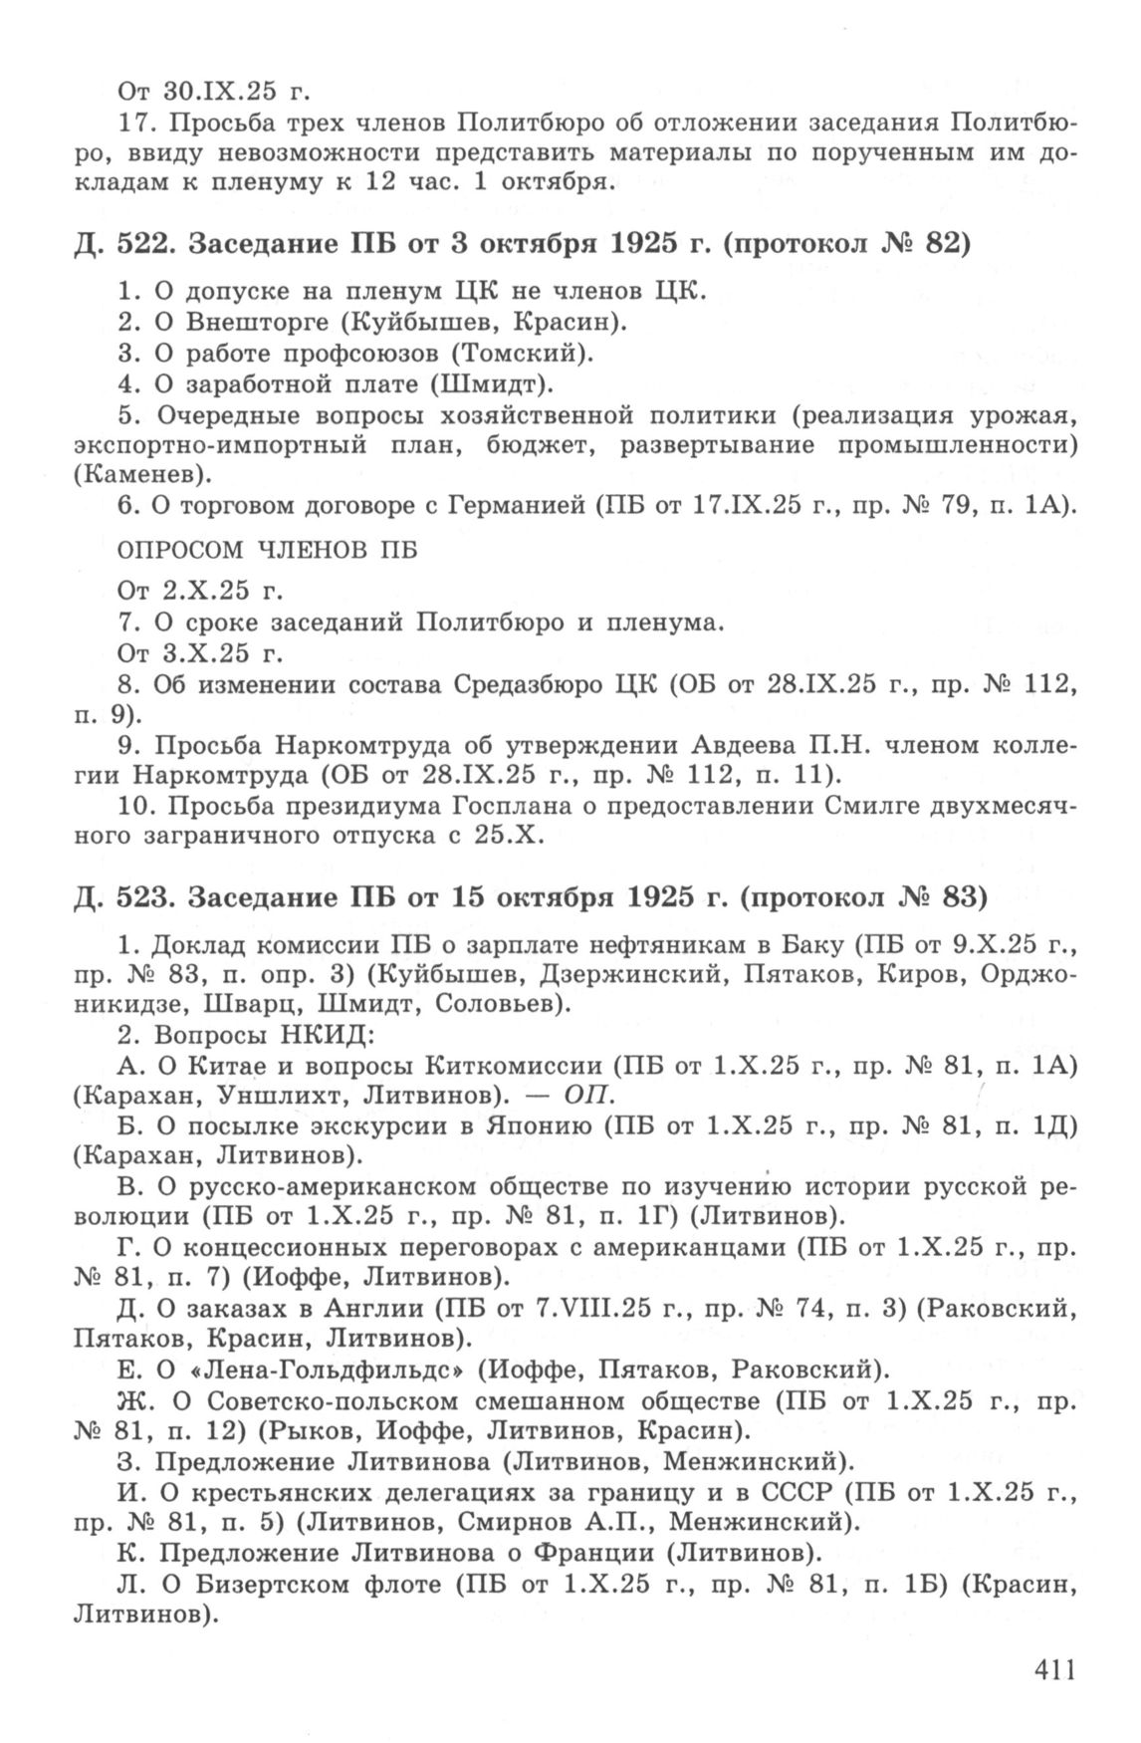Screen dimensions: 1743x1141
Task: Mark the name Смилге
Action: (x=873, y=806)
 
